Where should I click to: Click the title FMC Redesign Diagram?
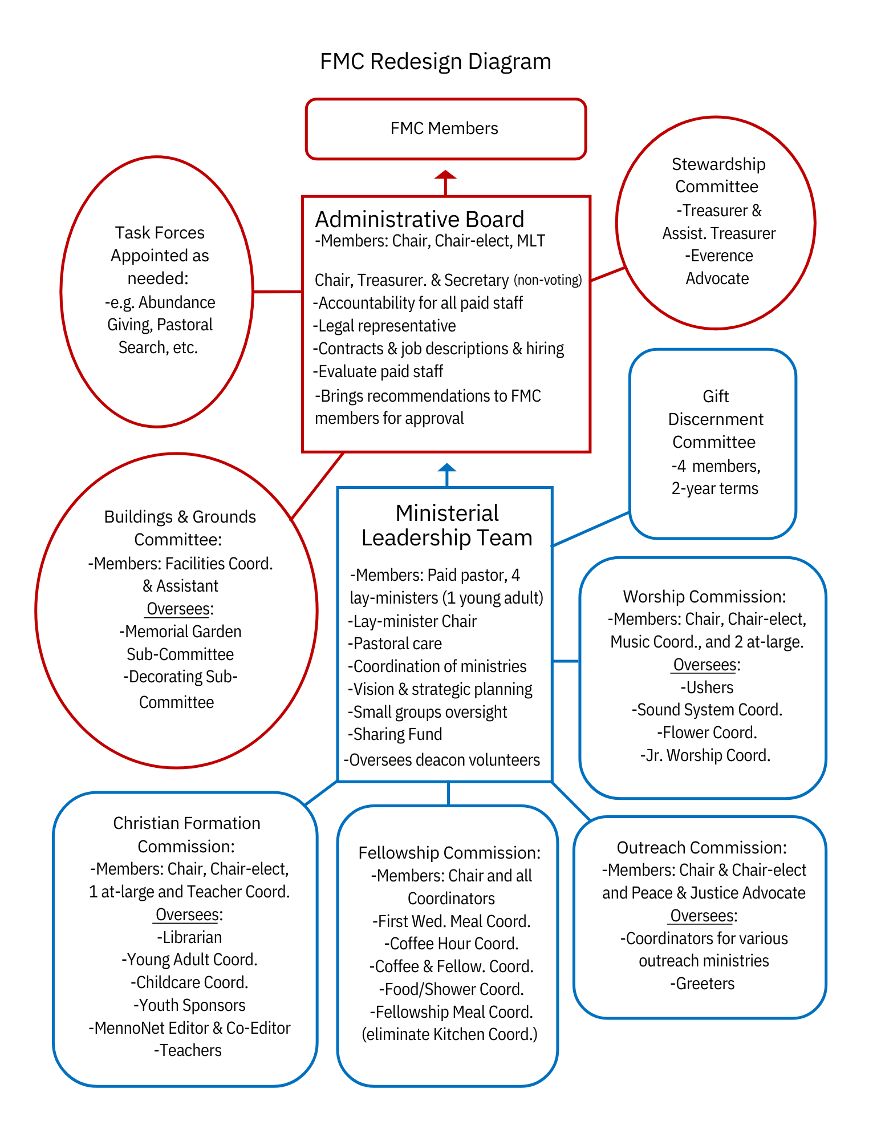tap(435, 62)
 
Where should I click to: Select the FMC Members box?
tap(445, 129)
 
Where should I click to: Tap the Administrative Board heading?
tap(420, 220)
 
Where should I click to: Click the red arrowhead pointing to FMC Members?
tap(445, 175)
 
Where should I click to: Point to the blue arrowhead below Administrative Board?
tap(446, 467)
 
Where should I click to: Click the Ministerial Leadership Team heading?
tap(446, 525)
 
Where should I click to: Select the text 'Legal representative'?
tap(385, 326)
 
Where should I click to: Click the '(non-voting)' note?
tap(547, 280)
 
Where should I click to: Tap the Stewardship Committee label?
tap(717, 175)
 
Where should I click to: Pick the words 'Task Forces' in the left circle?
tap(160, 233)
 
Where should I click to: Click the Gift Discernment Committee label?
tap(715, 419)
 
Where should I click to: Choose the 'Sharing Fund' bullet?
tap(396, 734)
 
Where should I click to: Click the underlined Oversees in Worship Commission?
tap(704, 665)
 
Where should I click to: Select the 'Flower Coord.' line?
tap(707, 733)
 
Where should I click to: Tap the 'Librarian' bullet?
tap(189, 937)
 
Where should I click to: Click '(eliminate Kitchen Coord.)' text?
tap(449, 1034)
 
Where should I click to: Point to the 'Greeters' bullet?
tap(703, 984)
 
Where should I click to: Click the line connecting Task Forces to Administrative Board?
tap(277, 292)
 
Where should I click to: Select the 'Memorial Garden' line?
tap(181, 632)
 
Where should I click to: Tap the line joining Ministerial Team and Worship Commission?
tap(566, 661)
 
